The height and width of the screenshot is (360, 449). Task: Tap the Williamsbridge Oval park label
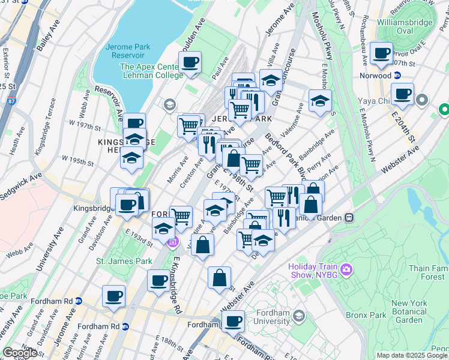point(403,26)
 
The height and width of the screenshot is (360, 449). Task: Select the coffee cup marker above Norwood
point(381,54)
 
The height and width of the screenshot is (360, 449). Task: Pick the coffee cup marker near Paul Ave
point(190,63)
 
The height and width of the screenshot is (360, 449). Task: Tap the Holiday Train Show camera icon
point(345,271)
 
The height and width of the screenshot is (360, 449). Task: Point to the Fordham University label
point(273,316)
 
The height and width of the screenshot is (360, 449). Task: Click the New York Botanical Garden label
point(417,311)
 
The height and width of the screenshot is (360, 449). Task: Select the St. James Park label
point(116,262)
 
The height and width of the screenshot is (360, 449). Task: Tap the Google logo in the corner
point(20,353)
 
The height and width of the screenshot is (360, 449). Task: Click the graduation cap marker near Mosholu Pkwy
point(320,101)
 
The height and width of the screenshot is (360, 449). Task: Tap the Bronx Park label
point(365,315)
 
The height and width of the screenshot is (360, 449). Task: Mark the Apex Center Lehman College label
point(151,71)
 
